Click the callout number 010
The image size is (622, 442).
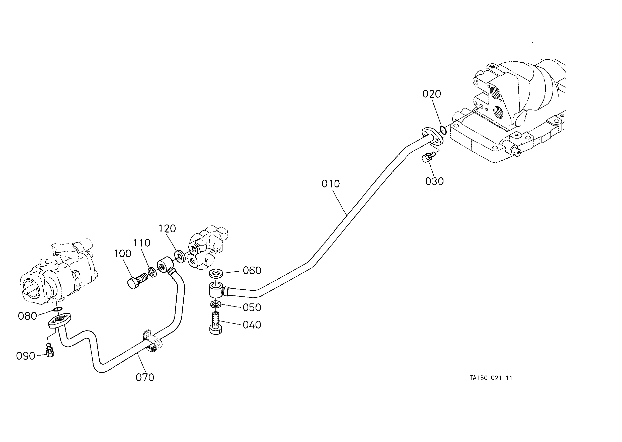click(331, 184)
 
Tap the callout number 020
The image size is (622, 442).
click(432, 94)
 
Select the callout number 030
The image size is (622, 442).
click(434, 181)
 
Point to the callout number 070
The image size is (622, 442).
click(145, 378)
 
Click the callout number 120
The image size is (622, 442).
click(167, 229)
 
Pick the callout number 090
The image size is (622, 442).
click(26, 356)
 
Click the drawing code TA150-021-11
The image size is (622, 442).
click(491, 378)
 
